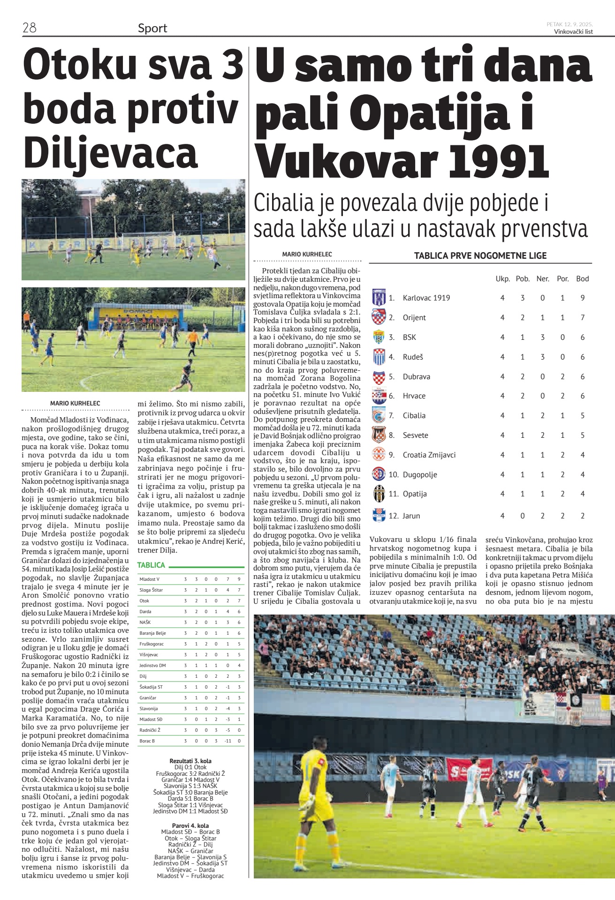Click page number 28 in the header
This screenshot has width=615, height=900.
coord(30,28)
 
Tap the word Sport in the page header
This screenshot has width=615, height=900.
coord(152,28)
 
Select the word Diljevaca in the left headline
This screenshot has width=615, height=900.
coord(111,153)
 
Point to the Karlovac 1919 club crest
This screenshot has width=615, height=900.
coord(379,298)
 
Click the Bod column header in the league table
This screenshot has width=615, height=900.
coord(582,278)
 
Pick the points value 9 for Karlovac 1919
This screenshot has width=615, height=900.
coord(582,298)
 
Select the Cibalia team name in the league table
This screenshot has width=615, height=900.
coord(414,415)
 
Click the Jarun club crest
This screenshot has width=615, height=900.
coord(379,515)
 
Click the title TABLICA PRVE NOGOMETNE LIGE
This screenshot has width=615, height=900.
coord(480,255)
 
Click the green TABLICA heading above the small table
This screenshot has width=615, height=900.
coord(151,565)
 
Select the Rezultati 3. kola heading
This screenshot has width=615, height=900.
coord(190,761)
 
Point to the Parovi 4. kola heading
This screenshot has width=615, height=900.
coord(190,825)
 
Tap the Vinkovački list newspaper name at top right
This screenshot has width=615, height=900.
coord(573,32)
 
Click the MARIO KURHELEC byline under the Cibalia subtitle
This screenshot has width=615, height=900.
coord(307,254)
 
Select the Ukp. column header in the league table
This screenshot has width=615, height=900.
coord(502,278)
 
